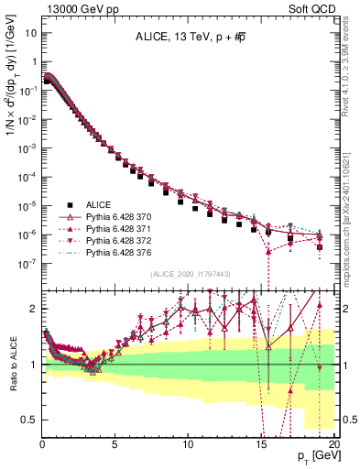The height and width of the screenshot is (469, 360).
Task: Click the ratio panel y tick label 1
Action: tap(31, 365)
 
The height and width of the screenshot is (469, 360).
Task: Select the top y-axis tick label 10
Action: tap(27, 33)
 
